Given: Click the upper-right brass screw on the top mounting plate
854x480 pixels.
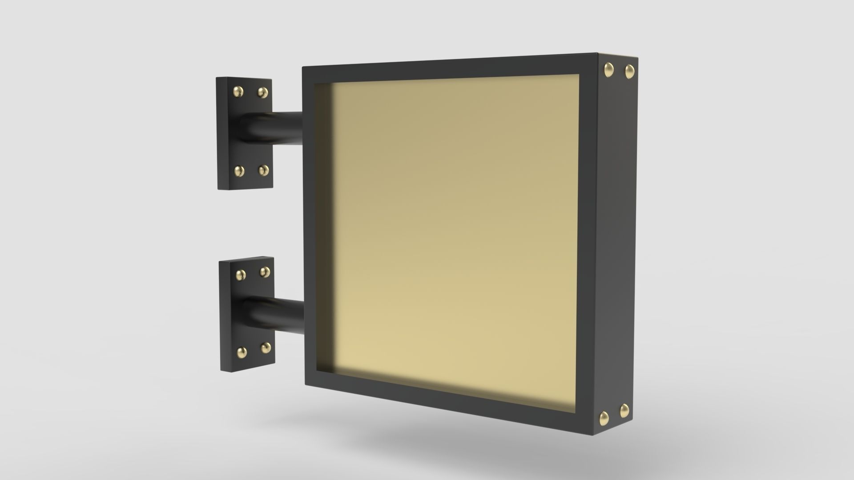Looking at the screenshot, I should [263, 92].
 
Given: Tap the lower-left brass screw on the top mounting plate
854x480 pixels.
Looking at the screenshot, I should [240, 170].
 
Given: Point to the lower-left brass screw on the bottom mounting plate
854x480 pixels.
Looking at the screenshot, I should [242, 353].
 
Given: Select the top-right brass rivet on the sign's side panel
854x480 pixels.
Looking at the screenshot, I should [630, 71].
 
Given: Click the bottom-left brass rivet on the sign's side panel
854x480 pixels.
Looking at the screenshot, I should [604, 416].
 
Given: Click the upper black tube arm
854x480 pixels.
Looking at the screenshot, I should [280, 129].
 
